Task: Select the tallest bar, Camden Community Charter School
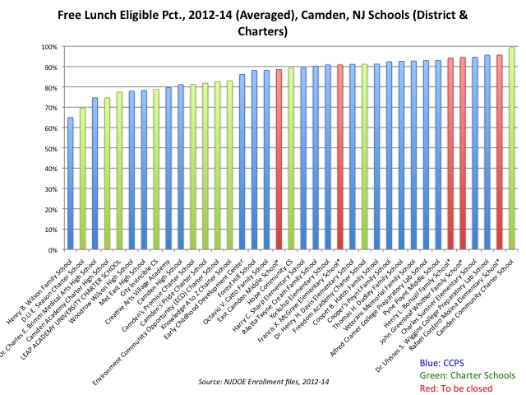[511, 148]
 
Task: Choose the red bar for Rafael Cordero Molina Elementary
[499, 152]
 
